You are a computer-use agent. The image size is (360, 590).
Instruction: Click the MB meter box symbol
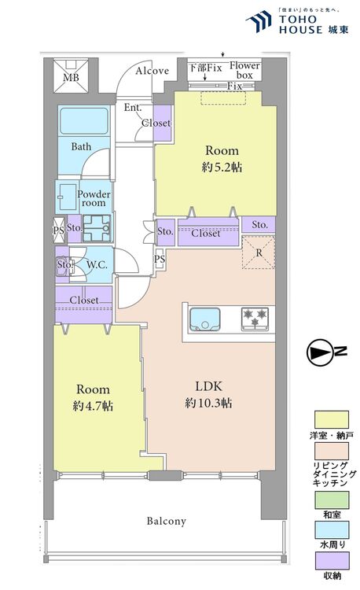[x=71, y=76]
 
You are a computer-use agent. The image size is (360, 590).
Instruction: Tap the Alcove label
[x=152, y=71]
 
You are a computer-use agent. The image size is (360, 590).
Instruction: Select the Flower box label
[x=244, y=70]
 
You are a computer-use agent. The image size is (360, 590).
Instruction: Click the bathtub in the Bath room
[x=84, y=121]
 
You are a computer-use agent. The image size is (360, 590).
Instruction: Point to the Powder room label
[x=94, y=198]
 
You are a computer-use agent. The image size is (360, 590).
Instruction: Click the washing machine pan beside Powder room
[x=97, y=228]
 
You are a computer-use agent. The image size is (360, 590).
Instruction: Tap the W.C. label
[x=97, y=265]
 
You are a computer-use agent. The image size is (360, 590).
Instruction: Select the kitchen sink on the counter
[x=205, y=319]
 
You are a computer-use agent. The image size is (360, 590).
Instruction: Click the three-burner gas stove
[x=255, y=319]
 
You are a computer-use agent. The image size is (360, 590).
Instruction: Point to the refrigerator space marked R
[x=259, y=253]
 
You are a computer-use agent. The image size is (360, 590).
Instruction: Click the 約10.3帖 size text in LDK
[x=208, y=403]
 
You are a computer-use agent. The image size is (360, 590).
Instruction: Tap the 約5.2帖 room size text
[x=222, y=168]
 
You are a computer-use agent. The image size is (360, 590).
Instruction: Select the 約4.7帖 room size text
[x=93, y=406]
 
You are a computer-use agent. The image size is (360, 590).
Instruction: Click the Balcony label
[x=166, y=521]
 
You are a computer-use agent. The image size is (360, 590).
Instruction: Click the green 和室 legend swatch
[x=332, y=500]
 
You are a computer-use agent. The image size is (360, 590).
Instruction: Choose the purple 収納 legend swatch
[x=332, y=561]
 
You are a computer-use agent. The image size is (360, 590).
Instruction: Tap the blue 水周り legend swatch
[x=332, y=530]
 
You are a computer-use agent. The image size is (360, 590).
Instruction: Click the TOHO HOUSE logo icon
[x=259, y=21]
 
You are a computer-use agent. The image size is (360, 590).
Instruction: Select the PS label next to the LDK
[x=160, y=259]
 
